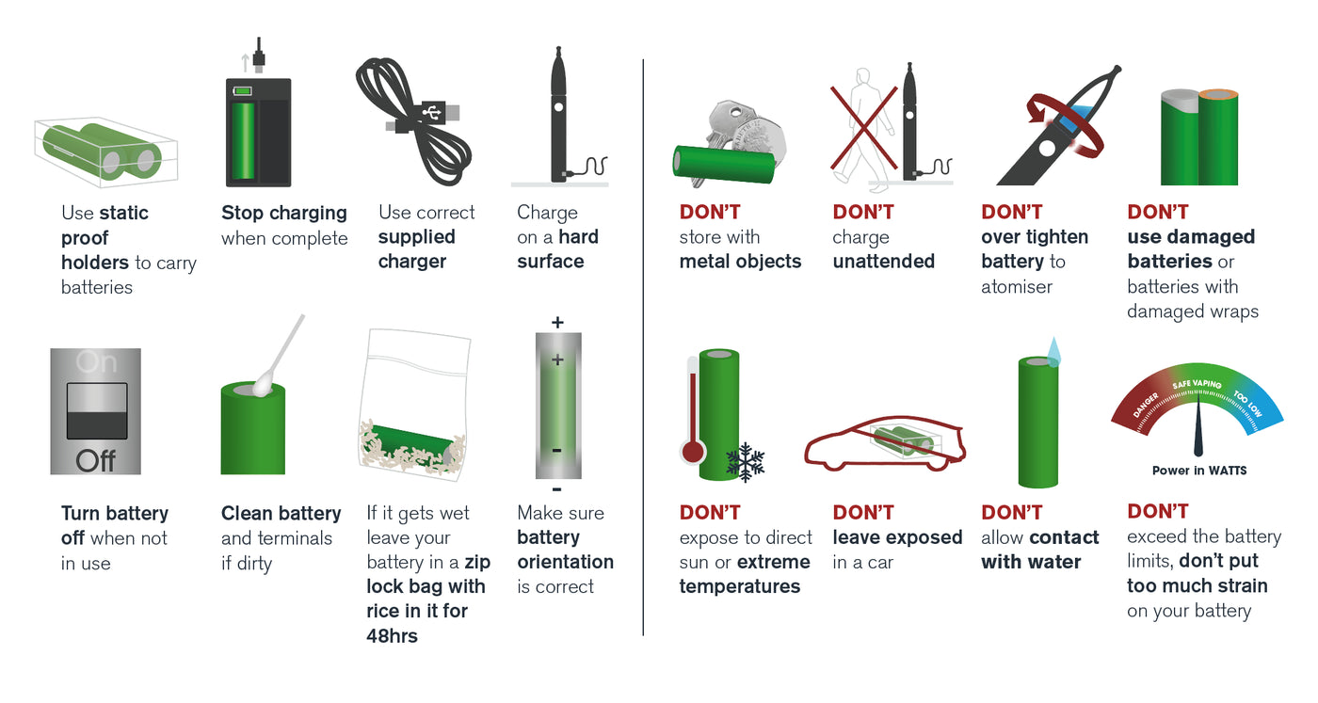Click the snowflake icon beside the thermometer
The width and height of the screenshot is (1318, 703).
[x=746, y=461]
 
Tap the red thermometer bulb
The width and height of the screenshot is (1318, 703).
[x=693, y=452]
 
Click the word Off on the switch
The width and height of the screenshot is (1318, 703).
[x=95, y=461]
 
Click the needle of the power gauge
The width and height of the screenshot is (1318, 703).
[x=1198, y=429]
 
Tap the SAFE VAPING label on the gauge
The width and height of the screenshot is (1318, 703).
[x=1197, y=385]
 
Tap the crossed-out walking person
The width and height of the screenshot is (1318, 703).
[x=861, y=127]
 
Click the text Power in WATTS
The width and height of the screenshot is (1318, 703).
[x=1198, y=471]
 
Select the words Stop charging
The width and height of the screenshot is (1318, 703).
[x=283, y=213]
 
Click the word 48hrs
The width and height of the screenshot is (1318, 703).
[x=392, y=635]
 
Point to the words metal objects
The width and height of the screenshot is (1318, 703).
[x=740, y=262]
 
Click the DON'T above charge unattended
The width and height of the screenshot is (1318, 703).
[x=862, y=213]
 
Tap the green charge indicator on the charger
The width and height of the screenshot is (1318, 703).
[x=243, y=91]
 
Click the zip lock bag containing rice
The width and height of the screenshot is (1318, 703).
[x=414, y=400]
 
